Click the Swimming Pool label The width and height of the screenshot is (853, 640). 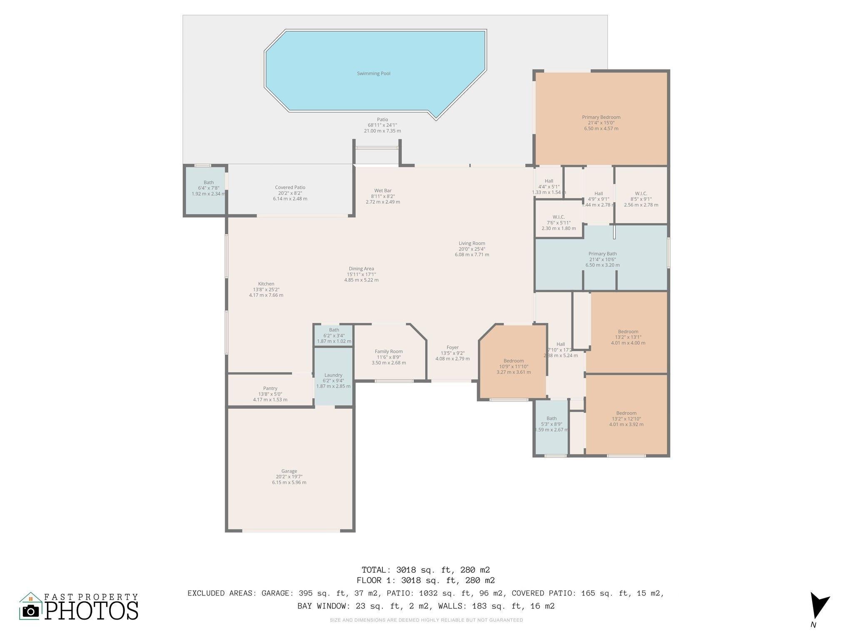[374, 74]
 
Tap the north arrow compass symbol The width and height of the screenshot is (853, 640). [818, 606]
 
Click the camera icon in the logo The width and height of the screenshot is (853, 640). [30, 611]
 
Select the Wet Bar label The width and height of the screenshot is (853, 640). [383, 191]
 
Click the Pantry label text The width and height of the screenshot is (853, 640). [270, 388]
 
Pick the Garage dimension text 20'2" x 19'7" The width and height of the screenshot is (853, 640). [289, 477]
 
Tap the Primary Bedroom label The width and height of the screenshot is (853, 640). [601, 117]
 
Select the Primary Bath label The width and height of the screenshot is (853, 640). [602, 254]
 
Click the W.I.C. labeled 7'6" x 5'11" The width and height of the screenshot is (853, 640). [559, 222]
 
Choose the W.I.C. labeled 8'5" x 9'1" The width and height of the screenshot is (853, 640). [641, 199]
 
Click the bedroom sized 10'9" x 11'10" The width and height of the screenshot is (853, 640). [513, 366]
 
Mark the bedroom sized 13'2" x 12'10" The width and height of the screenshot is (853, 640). [626, 419]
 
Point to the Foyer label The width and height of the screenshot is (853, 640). [452, 347]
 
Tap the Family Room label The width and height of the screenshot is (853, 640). [389, 352]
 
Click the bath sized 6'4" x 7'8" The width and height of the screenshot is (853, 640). [208, 188]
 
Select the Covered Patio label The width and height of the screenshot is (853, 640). [290, 187]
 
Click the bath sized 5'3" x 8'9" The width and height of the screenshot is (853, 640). [551, 424]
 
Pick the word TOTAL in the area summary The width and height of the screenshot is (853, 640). [375, 570]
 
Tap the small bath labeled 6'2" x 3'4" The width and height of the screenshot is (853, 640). [334, 335]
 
